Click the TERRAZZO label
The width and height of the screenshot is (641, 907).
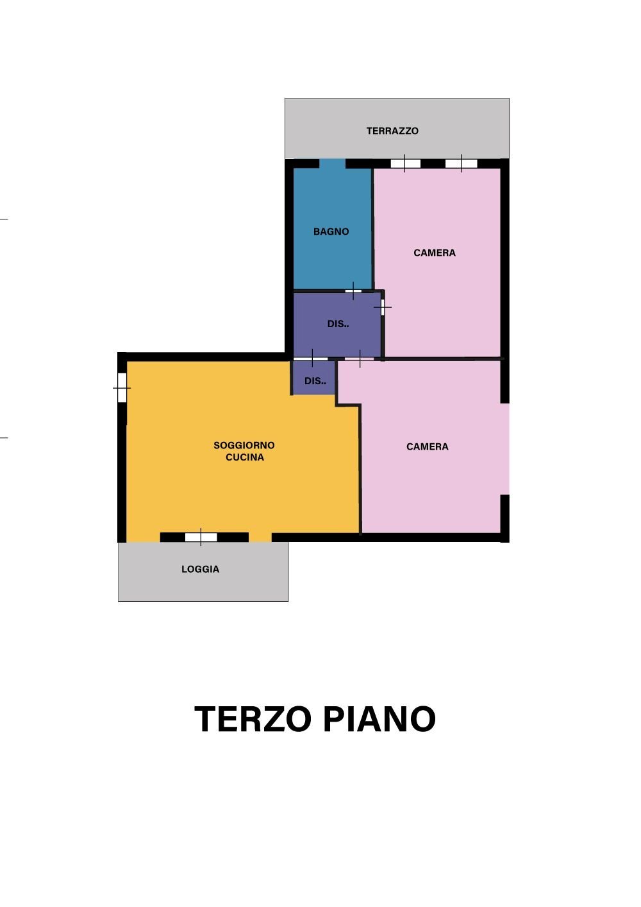(x=392, y=131)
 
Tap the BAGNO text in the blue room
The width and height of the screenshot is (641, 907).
(x=331, y=232)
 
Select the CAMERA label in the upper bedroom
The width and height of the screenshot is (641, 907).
(x=435, y=253)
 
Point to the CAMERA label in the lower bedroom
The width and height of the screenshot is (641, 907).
(x=428, y=446)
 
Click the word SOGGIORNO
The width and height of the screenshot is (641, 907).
(x=244, y=445)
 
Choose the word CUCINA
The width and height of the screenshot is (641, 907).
(x=245, y=457)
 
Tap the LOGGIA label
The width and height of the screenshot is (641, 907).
(x=200, y=569)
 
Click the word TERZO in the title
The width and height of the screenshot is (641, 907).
(x=253, y=719)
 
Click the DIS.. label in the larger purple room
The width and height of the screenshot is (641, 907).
(x=338, y=324)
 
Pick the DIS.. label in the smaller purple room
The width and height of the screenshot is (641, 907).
(x=315, y=381)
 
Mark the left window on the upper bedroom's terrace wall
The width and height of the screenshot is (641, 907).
(x=405, y=164)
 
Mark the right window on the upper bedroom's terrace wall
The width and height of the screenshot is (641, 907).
(x=461, y=164)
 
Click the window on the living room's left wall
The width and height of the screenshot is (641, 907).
(x=122, y=388)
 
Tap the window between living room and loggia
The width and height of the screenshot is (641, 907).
(x=201, y=537)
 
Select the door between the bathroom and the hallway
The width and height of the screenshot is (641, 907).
(x=353, y=291)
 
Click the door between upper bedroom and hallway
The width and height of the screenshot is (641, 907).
(x=383, y=307)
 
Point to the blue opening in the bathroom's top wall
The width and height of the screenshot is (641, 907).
(x=332, y=164)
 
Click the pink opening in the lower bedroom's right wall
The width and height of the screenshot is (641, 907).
(x=505, y=449)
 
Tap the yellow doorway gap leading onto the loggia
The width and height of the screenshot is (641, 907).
(x=260, y=537)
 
